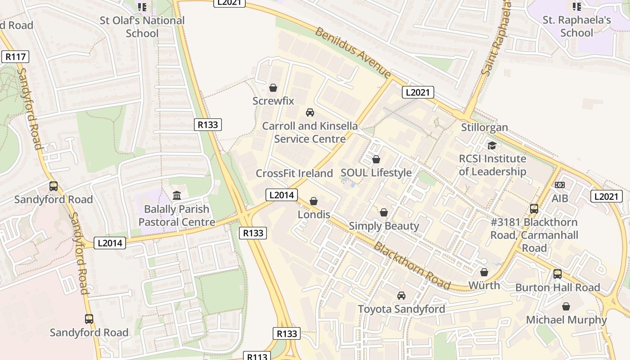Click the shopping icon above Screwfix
click(273, 88)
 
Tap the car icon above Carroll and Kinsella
click(310, 112)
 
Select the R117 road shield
click(15, 57)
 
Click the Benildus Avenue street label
click(353, 52)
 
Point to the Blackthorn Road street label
click(412, 266)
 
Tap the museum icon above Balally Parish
click(177, 196)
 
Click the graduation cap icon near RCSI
click(492, 145)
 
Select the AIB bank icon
click(560, 185)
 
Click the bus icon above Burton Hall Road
click(558, 274)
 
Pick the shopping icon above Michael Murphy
click(566, 306)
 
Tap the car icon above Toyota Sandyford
click(401, 296)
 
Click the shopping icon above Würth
click(484, 272)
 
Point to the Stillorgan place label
click(484, 127)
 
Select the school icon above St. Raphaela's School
click(576, 7)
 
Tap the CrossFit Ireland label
click(294, 173)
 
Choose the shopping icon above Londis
click(314, 201)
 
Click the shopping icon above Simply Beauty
click(384, 212)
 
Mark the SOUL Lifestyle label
click(376, 173)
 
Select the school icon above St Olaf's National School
click(142, 7)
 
